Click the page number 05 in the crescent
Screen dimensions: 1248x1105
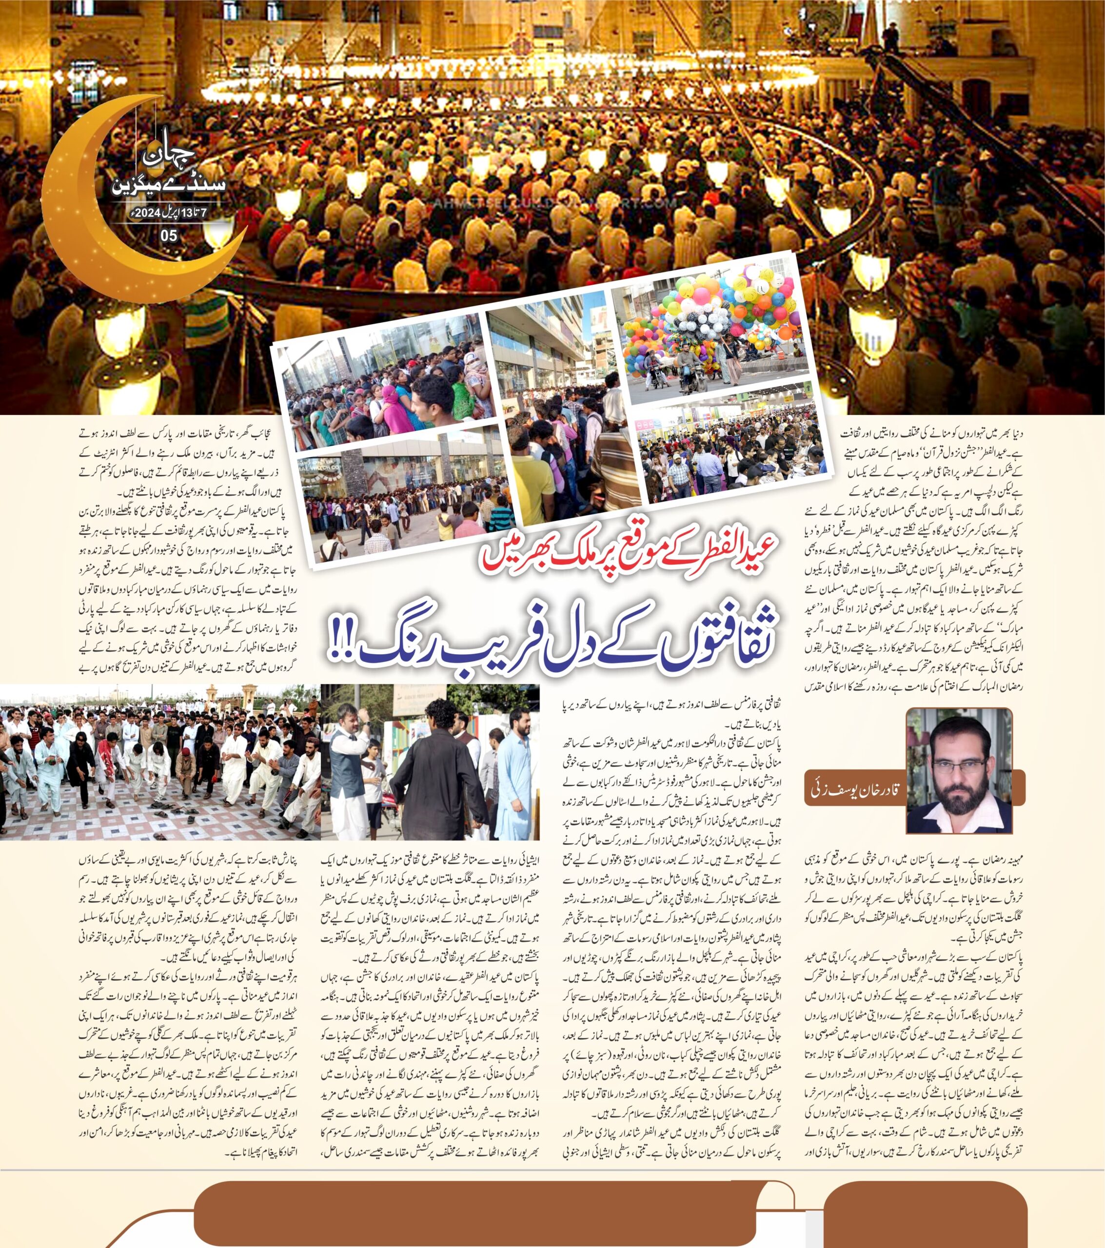[169, 235]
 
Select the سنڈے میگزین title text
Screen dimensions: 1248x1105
[169, 185]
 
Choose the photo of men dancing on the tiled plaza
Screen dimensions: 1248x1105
[160, 761]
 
